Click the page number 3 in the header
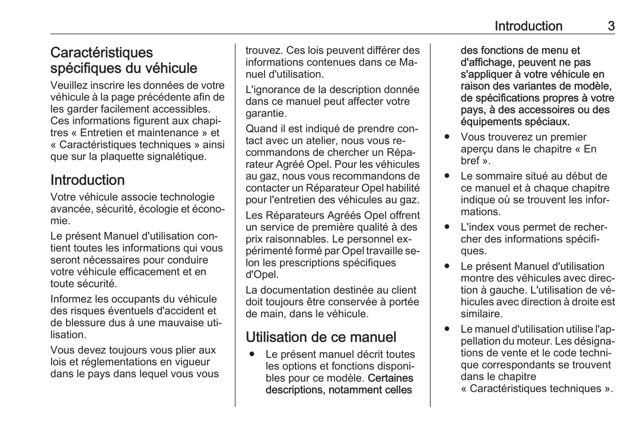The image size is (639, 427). [x=611, y=26]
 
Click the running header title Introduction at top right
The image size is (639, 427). [x=528, y=26]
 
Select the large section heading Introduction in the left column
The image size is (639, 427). [x=88, y=180]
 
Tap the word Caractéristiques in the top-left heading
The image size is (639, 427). [x=101, y=53]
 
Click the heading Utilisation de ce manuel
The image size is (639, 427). [x=321, y=337]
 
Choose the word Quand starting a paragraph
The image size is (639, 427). [x=260, y=129]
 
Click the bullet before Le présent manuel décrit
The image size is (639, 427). [x=252, y=354]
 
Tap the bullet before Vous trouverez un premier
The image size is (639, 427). [x=447, y=137]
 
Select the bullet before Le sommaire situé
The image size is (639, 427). [x=447, y=176]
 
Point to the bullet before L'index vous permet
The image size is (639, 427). [x=447, y=227]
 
